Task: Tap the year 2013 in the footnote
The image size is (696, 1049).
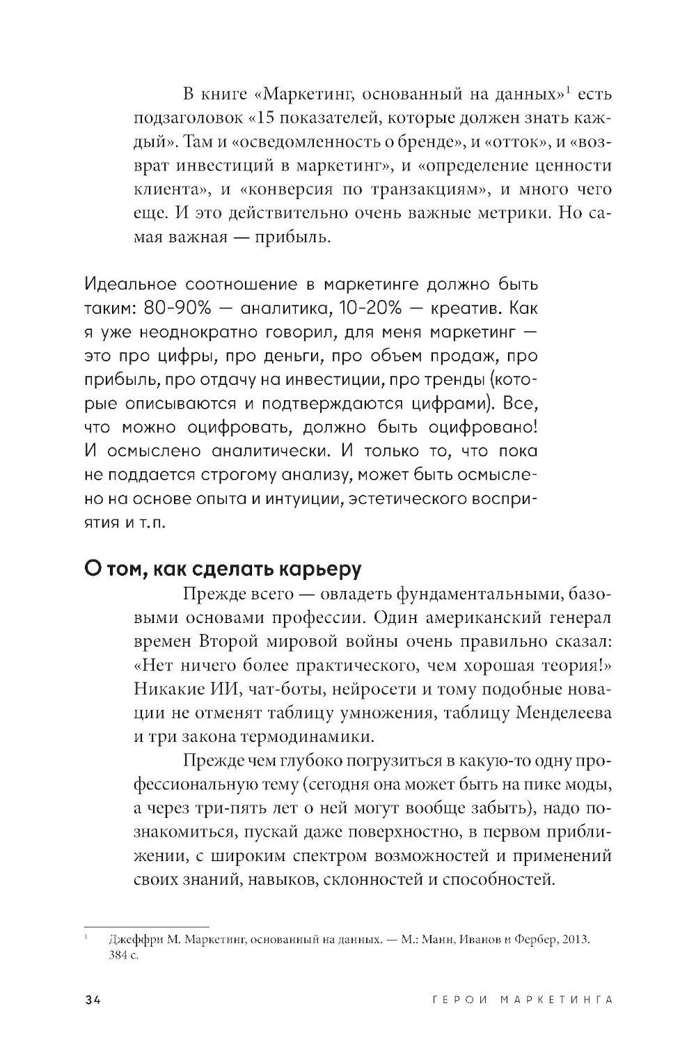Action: tap(575, 939)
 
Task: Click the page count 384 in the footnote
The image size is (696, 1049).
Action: tap(119, 956)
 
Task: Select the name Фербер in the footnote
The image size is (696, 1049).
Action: tap(532, 939)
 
